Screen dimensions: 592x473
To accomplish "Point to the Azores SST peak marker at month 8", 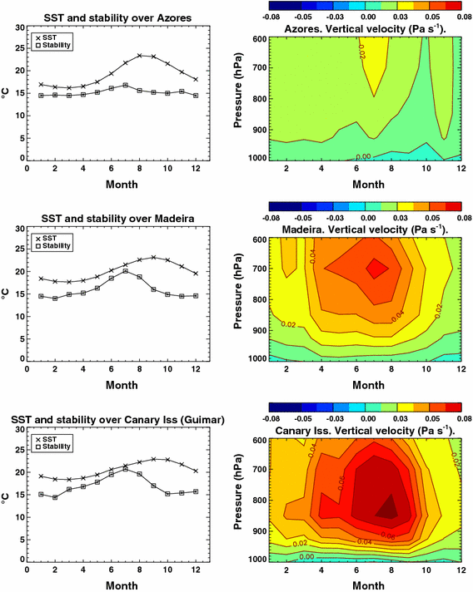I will click(141, 56).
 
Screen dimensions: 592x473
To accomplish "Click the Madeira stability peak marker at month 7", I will click(126, 271).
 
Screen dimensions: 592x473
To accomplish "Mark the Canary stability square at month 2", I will click(54, 497).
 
